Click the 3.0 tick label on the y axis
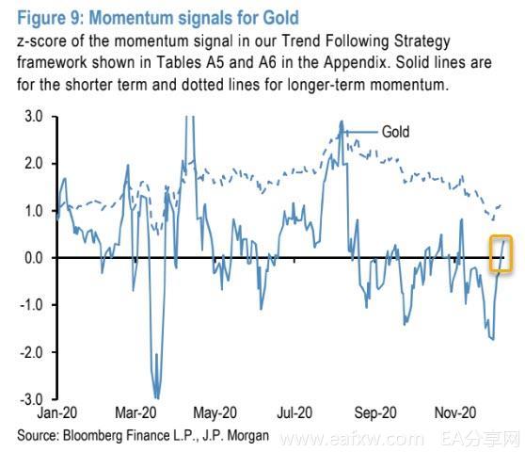click(34, 117)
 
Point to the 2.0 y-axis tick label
click(34, 164)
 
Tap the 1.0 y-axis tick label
click(34, 211)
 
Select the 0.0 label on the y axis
click(34, 258)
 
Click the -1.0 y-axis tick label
click(31, 305)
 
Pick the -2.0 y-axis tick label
click(31, 352)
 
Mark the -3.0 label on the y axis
click(31, 399)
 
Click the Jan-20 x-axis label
click(57, 412)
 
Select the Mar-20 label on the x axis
click(135, 412)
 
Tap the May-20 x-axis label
click(215, 412)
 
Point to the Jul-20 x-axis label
click(294, 412)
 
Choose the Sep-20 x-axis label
click(375, 412)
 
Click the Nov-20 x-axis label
click(455, 412)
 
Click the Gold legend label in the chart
click(396, 132)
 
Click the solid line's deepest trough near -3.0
click(157, 397)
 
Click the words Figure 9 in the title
click(50, 18)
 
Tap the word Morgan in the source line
click(248, 436)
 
